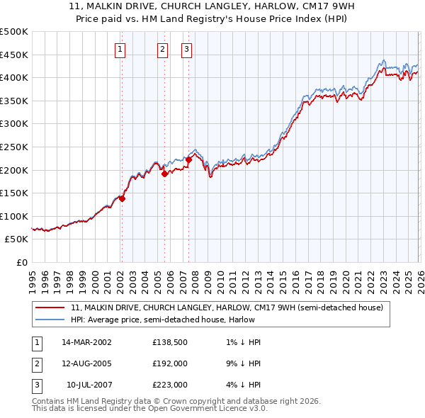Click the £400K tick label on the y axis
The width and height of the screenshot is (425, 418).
14,77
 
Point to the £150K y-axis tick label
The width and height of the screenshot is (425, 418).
14,193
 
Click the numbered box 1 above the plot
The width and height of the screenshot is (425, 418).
120,49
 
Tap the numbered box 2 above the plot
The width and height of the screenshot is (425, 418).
163,49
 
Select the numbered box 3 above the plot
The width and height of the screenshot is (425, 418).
187,49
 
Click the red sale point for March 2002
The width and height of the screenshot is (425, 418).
122,199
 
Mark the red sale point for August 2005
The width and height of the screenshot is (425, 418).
164,174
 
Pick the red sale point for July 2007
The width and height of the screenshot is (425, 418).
188,159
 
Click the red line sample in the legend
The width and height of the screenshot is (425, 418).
50,307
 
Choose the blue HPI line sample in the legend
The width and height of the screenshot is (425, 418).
50,320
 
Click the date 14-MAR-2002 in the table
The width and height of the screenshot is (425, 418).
86,342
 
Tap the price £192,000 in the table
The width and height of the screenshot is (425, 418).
170,363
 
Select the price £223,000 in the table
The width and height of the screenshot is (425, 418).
170,385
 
